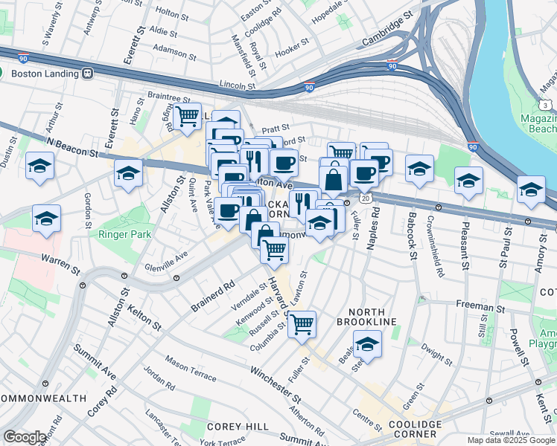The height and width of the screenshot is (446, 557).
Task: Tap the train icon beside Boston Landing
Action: tap(88, 74)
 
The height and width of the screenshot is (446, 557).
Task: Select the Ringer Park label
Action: tap(125, 234)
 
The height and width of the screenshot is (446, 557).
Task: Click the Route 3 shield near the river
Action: tap(546, 106)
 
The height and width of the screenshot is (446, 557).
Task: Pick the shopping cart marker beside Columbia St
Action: tap(302, 323)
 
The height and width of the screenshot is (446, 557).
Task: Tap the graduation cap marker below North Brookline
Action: tap(367, 344)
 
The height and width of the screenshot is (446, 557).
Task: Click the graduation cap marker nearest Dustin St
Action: tap(39, 167)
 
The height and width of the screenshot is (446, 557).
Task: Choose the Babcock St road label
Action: tap(411, 236)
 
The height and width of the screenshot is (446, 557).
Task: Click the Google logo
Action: tap(25, 437)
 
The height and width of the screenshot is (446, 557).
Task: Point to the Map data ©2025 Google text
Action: tap(510, 440)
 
